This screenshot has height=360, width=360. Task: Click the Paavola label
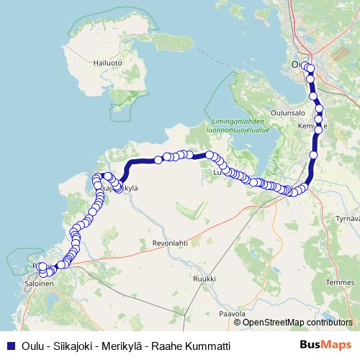point(232,314)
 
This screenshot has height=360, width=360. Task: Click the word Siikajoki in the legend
point(76,346)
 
